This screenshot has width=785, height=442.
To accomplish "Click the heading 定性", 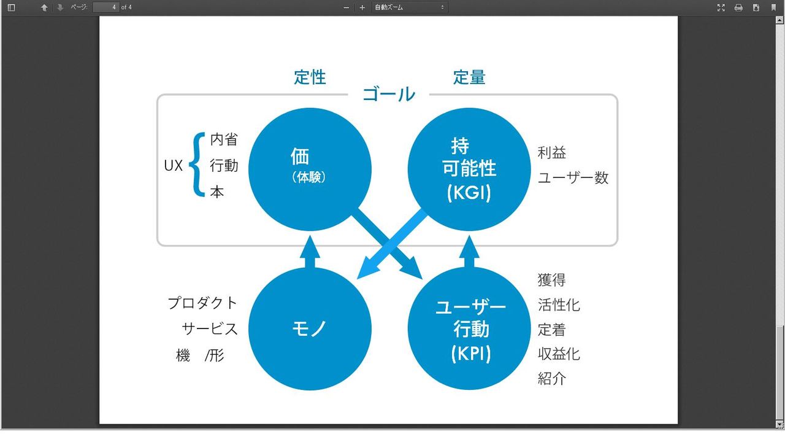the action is [310, 77].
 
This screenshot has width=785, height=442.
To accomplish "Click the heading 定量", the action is [469, 77].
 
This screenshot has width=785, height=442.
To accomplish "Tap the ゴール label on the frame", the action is [389, 95].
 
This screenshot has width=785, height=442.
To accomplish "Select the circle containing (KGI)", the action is [470, 169].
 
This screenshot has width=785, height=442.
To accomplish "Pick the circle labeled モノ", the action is [310, 328].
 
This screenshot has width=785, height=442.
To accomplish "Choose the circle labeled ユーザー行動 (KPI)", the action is [470, 328].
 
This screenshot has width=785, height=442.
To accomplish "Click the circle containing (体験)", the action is [310, 169].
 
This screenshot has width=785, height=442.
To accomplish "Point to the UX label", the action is [174, 166].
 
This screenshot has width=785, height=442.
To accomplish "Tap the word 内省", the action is [224, 139].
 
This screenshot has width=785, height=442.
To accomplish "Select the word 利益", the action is [552, 152].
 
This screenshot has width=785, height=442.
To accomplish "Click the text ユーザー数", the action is [573, 178].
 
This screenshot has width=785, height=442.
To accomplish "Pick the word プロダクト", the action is [202, 303].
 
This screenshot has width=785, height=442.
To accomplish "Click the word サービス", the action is [210, 328].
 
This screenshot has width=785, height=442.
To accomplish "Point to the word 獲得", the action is [552, 280].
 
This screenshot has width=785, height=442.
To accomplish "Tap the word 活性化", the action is [559, 304].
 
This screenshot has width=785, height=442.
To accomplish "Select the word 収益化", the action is [559, 354].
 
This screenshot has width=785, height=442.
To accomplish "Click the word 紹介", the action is [552, 378].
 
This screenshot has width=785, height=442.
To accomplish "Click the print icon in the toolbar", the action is [738, 7].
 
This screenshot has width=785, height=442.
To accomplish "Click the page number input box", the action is [105, 7].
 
